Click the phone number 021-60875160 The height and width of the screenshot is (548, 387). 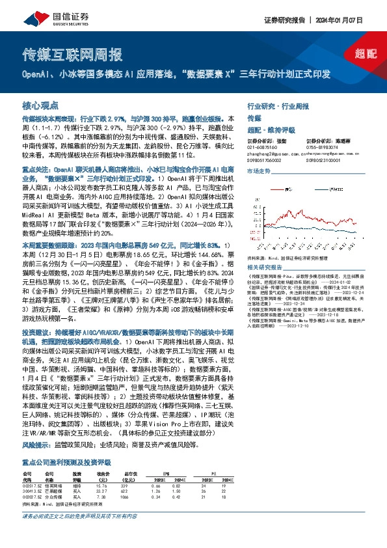coord(261,146)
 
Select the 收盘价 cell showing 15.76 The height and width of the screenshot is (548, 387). coord(101,486)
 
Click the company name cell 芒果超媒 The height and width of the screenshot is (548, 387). coord(53,491)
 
